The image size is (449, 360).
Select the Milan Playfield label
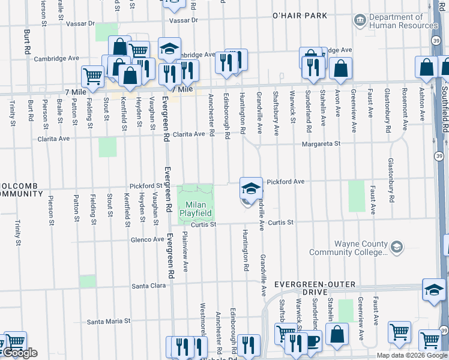click(x=197, y=209)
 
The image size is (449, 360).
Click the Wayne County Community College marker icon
click(x=396, y=247)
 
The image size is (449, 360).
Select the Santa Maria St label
click(x=109, y=321)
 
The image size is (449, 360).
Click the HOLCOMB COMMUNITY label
click(x=21, y=189)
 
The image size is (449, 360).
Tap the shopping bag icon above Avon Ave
click(x=340, y=69)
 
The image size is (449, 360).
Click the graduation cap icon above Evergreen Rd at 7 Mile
click(x=170, y=49)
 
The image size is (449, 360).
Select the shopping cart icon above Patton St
click(x=92, y=76)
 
